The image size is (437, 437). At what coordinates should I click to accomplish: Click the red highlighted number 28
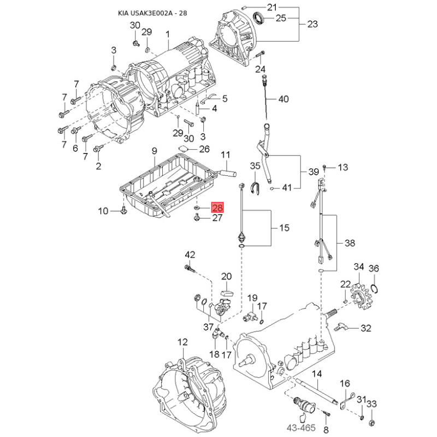(217, 208)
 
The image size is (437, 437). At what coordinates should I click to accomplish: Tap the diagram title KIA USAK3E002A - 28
(152, 13)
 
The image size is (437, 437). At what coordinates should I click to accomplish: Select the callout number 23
(312, 24)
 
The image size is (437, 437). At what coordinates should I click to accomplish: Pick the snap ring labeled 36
(374, 288)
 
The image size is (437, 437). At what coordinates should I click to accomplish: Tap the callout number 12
(182, 342)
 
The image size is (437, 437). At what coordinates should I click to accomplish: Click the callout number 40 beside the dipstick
(284, 99)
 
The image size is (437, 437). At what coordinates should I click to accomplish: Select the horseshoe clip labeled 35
(255, 188)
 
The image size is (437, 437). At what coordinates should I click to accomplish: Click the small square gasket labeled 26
(183, 148)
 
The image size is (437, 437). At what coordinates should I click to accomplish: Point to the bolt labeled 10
(124, 211)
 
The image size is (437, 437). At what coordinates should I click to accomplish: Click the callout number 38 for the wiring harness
(350, 243)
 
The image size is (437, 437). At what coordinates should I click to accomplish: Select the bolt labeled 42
(190, 268)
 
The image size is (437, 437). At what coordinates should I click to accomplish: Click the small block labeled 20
(227, 293)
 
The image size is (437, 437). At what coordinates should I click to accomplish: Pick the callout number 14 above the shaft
(317, 374)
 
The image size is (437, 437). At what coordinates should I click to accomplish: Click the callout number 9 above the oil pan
(155, 151)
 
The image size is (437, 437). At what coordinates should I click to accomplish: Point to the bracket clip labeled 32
(340, 326)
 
